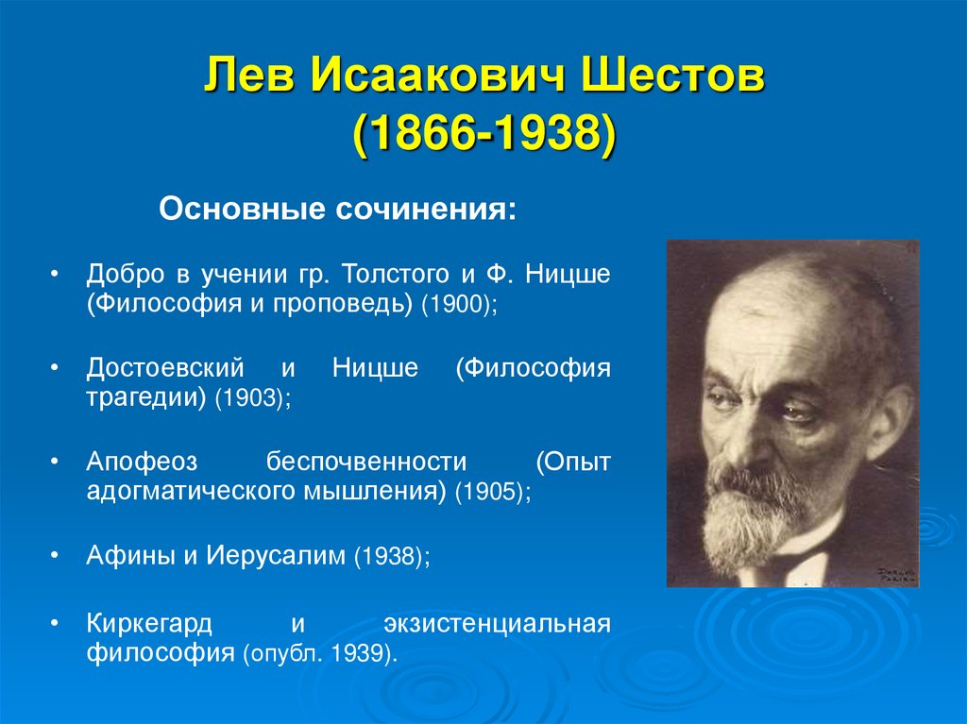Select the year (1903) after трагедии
[252, 400]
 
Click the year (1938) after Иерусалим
[391, 556]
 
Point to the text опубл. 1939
[318, 653]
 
